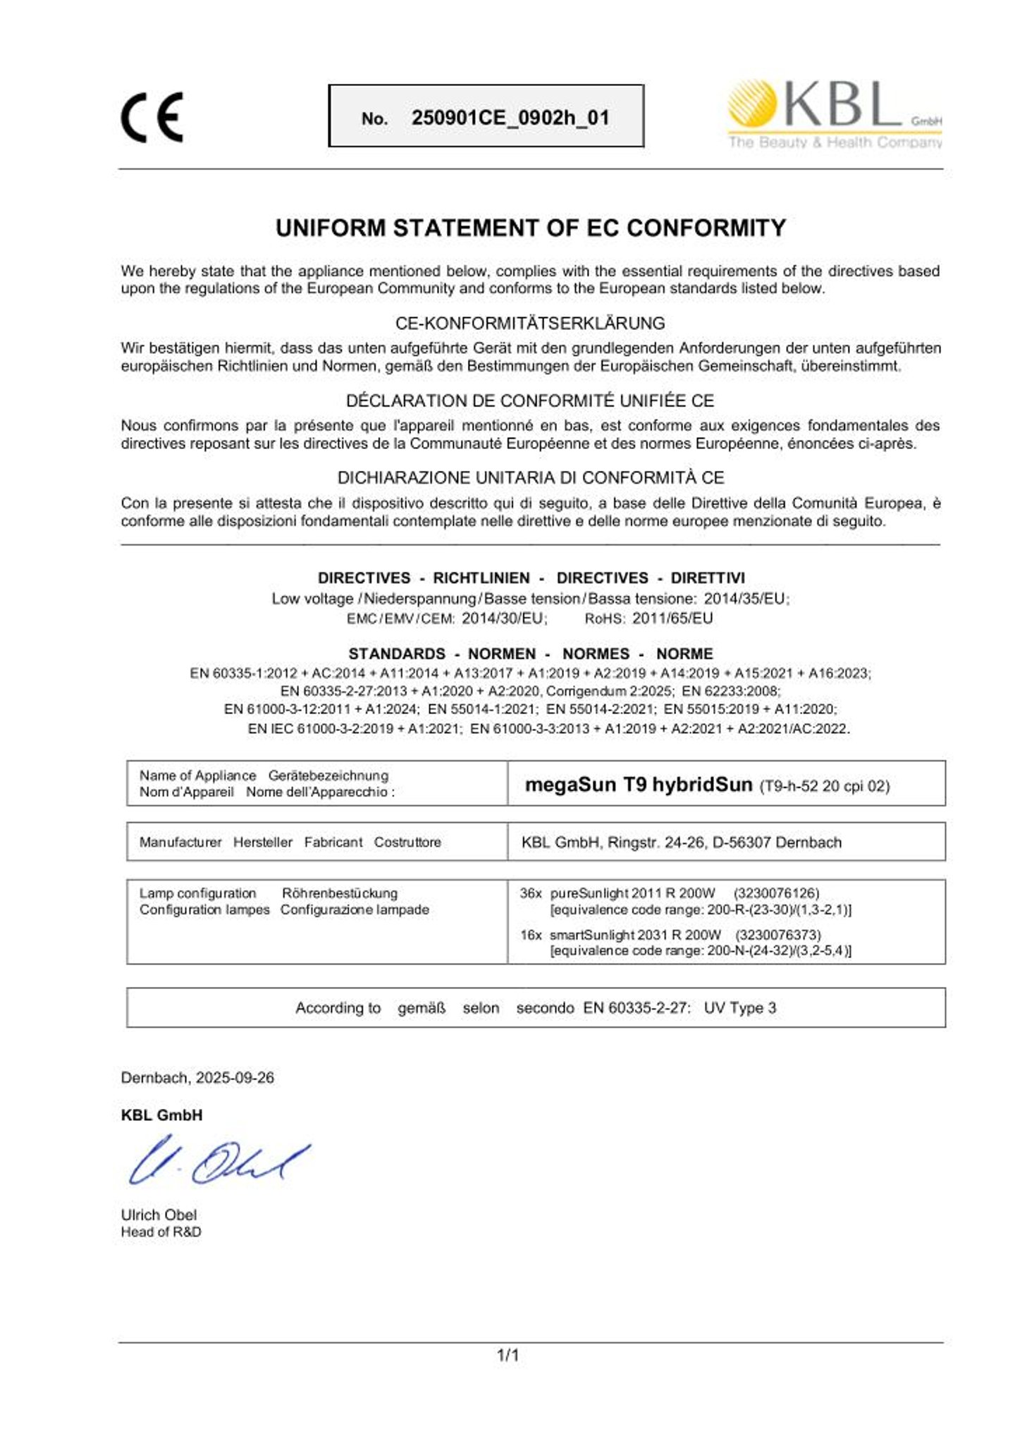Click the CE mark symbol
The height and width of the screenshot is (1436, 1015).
pos(152,117)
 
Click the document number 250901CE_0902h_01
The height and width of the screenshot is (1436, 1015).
pos(510,117)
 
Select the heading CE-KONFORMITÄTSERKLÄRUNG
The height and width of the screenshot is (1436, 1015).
pos(529,323)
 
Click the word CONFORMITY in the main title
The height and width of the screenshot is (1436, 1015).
pos(706,228)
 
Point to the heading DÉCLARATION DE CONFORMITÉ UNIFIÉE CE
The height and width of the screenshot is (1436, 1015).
pos(529,400)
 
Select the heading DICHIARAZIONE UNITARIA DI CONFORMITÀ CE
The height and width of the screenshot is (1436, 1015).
pos(530,477)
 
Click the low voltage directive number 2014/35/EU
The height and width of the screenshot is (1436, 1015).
pos(746,599)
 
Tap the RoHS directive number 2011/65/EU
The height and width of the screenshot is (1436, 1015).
pos(672,618)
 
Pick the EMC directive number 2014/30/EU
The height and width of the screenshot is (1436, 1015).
pos(503,618)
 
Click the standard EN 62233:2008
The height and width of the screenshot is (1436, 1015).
pos(730,691)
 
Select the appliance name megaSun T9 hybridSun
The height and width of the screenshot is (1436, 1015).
pos(638,785)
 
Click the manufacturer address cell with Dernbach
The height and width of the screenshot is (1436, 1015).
pos(681,842)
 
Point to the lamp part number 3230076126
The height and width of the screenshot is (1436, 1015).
pos(776,893)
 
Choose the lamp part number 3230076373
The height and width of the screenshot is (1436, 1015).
pos(778,935)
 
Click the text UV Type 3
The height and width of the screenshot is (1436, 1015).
pos(739,1007)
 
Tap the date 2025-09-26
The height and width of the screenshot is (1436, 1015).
pos(235,1077)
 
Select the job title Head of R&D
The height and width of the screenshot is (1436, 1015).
pos(161,1232)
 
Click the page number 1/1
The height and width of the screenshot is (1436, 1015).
pos(508,1355)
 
